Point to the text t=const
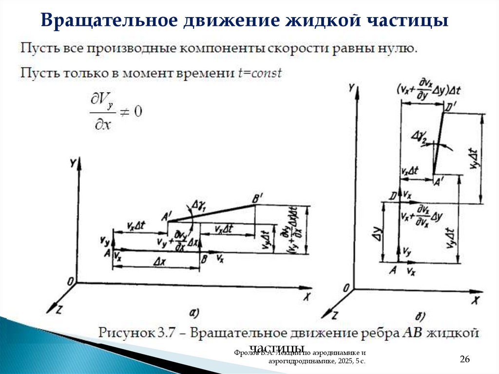tap(260, 74)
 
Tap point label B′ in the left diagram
tap(257, 199)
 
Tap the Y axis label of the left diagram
tap(73, 164)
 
